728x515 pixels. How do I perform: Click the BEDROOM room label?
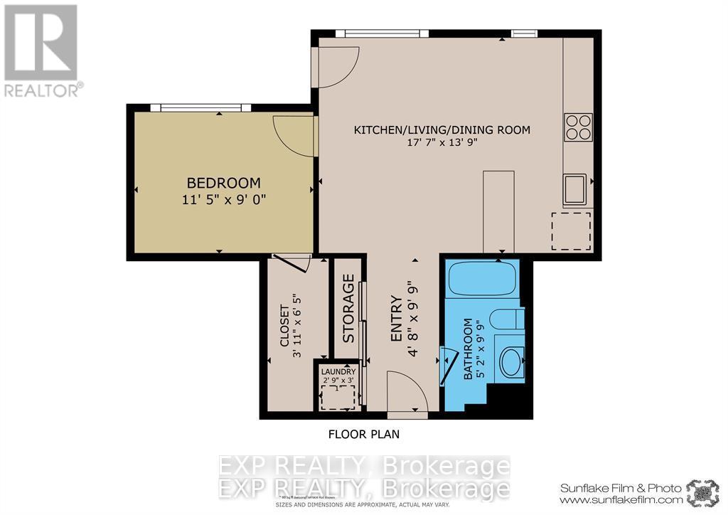click(x=223, y=184)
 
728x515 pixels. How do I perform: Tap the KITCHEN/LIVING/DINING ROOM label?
click(x=442, y=130)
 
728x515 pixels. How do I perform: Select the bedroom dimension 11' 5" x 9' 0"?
click(x=223, y=200)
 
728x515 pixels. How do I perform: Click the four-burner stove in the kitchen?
click(x=578, y=127)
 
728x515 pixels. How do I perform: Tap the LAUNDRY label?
click(x=338, y=371)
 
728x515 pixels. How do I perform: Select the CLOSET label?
click(x=284, y=326)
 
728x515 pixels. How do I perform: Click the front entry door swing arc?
click(x=407, y=393)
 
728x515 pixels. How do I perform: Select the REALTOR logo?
click(x=42, y=50)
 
